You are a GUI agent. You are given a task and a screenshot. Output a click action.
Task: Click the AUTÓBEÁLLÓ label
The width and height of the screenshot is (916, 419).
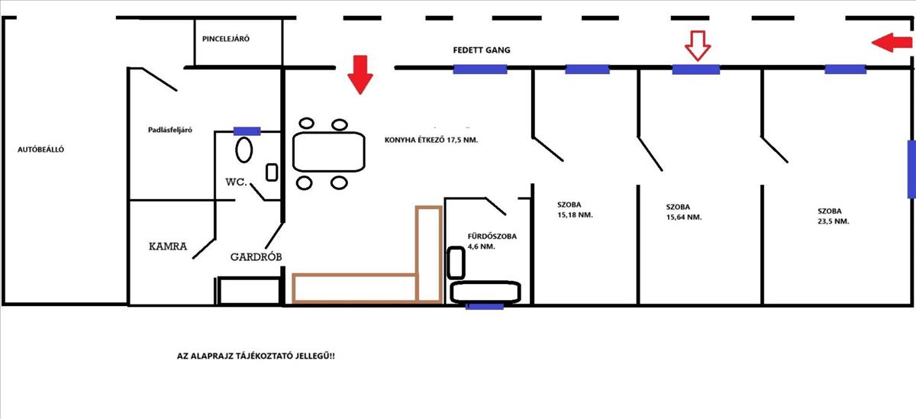click(x=40, y=150)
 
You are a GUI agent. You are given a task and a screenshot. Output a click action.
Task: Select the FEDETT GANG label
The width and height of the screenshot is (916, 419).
click(x=481, y=50)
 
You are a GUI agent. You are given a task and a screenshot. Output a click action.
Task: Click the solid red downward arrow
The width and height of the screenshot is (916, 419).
click(x=360, y=75)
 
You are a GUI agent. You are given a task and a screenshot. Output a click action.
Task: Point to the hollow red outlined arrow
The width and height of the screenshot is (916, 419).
click(x=697, y=46)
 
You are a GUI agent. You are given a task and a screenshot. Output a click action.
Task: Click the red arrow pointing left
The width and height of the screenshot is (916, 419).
click(x=890, y=44)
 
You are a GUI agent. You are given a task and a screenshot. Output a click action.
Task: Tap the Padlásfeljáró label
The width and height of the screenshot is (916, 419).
click(x=169, y=130)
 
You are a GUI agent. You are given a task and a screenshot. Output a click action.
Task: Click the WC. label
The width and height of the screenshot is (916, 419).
click(x=234, y=182)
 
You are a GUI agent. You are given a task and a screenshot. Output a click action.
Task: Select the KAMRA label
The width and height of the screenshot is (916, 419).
click(x=168, y=247)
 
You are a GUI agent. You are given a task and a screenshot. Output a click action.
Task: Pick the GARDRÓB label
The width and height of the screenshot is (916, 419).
click(x=256, y=257)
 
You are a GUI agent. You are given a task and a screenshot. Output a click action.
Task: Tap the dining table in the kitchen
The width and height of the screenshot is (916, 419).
click(x=329, y=151)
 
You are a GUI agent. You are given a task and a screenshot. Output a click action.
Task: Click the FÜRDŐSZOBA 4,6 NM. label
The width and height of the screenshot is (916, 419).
click(x=492, y=241)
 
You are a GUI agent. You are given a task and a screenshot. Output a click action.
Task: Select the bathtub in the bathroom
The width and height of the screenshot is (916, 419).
click(x=486, y=292)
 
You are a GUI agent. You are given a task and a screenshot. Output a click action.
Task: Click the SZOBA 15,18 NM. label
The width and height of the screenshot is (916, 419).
click(x=575, y=210)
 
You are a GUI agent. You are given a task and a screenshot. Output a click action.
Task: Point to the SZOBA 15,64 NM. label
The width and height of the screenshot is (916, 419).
click(x=683, y=211)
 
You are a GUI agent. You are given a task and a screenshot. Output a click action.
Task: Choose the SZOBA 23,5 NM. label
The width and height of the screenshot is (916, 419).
click(x=833, y=215)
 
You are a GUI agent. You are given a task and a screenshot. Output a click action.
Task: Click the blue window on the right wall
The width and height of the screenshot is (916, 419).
click(x=911, y=169)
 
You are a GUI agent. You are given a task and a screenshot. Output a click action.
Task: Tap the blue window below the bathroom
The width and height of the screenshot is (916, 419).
click(x=485, y=306)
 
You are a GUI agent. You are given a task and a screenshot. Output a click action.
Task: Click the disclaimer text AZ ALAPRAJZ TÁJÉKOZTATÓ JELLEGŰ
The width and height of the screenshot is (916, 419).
click(x=255, y=356)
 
